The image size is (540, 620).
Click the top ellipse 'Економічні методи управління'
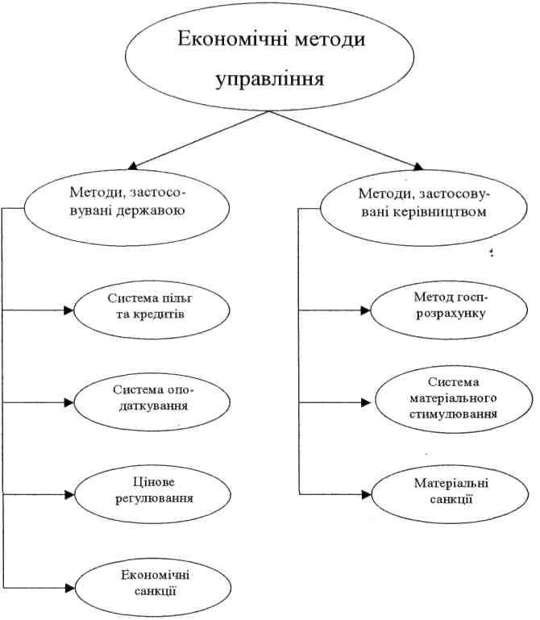click(269, 60)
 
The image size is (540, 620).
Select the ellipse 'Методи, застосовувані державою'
click(130, 203)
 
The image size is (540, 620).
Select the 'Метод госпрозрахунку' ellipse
click(437, 307)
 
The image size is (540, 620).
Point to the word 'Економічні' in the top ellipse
click(226, 40)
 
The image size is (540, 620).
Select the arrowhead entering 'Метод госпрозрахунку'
click(367, 309)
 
